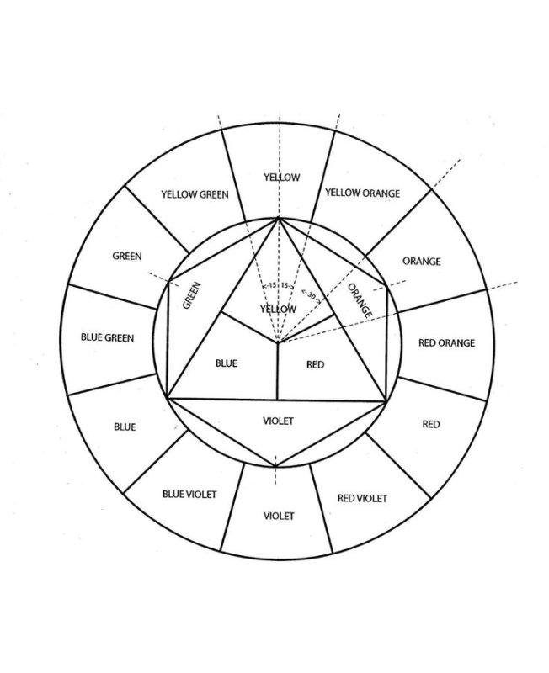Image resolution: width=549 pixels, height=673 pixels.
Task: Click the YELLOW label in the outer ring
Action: click(282, 178)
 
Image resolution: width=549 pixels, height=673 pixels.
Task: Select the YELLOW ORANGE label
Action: click(363, 193)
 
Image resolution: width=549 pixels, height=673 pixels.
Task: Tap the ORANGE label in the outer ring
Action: click(422, 261)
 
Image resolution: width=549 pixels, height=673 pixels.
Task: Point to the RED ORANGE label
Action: click(447, 342)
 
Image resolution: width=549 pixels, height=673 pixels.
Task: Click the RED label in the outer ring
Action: click(431, 424)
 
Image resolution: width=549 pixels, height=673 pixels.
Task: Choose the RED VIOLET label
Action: click(362, 498)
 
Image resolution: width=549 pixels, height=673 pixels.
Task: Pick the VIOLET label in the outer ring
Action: click(279, 516)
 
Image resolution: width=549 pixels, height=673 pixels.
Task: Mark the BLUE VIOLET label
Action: click(189, 495)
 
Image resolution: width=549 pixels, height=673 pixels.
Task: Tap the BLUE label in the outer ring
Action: click(125, 427)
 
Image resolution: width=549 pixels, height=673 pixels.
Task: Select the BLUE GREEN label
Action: click(108, 337)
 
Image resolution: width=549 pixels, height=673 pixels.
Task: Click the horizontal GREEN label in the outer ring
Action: click(127, 257)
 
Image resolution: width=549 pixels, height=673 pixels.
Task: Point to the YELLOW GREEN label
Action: click(195, 194)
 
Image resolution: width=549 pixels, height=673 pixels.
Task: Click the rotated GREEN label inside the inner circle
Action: click(192, 295)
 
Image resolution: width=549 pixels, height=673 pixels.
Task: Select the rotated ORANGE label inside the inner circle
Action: click(360, 300)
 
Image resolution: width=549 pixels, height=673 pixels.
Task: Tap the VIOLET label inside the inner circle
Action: click(279, 421)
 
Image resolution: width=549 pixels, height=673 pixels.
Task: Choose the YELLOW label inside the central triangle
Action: click(278, 309)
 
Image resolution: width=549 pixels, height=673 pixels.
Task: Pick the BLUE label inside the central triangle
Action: click(227, 363)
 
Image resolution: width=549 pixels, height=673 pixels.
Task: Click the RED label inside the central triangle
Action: click(315, 364)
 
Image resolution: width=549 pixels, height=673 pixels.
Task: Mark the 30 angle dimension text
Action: click(311, 296)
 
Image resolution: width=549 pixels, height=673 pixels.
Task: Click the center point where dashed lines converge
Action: click(278, 342)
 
